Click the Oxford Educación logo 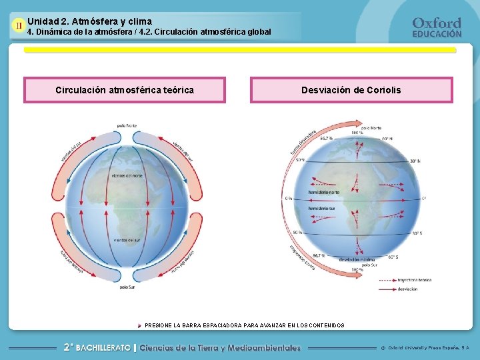click(x=437, y=27)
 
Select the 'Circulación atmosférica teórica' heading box click(x=125, y=90)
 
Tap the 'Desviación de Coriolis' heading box click(x=351, y=90)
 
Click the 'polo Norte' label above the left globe click(x=127, y=125)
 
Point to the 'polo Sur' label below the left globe click(x=128, y=288)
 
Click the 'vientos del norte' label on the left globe click(x=127, y=175)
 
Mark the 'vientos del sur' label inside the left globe click(x=127, y=239)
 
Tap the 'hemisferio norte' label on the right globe click(x=324, y=193)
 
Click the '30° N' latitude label click(x=415, y=161)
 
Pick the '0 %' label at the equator click(x=289, y=199)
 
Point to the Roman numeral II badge click(x=19, y=27)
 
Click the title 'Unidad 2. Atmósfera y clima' click(x=90, y=21)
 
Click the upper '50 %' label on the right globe click(x=301, y=160)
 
